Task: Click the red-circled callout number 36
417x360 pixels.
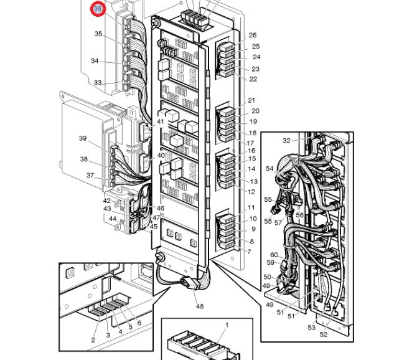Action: coord(98,9)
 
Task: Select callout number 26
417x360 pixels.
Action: coord(253,36)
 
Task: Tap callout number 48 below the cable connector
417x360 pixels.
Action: coord(199,306)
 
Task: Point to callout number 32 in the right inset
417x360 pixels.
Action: coord(286,141)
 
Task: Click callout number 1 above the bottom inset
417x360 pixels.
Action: coord(227,325)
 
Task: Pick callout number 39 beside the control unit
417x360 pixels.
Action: coord(83,138)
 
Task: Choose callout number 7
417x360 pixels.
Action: coord(249,252)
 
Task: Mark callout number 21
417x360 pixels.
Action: coord(251,100)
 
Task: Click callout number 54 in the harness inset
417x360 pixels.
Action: coord(269,169)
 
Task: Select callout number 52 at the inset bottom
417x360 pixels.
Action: coord(324,334)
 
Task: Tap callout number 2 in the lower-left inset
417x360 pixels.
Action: coord(93,340)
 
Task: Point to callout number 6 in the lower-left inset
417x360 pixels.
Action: coord(139,323)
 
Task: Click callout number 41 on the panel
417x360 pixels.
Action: coord(161,122)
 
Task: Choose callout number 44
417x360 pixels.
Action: coord(112,219)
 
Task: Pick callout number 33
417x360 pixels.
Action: coord(98,83)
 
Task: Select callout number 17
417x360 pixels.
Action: coord(251,143)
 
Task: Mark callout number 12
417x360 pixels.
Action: coord(251,192)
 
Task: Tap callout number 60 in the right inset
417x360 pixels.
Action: coord(274,255)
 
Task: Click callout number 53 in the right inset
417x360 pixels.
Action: coord(311,328)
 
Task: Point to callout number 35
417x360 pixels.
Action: coord(98,34)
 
